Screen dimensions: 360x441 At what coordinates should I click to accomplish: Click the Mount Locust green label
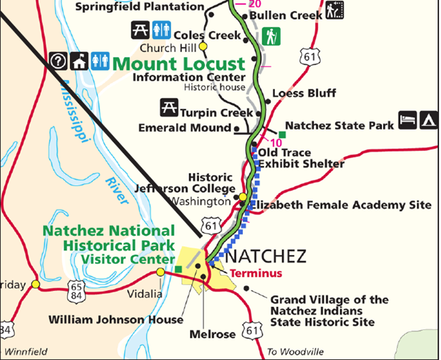click(x=178, y=64)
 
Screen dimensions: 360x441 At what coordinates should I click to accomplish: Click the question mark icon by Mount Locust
click(x=58, y=61)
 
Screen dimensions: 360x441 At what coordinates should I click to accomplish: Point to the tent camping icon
click(x=428, y=119)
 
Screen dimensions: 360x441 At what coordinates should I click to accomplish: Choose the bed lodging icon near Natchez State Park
click(x=408, y=119)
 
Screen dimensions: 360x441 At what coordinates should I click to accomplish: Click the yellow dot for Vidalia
click(x=160, y=272)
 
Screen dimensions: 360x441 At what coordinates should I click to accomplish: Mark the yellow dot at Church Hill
click(x=202, y=47)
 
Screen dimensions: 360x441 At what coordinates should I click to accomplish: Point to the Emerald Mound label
click(x=185, y=127)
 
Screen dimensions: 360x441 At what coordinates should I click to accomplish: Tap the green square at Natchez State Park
click(x=280, y=133)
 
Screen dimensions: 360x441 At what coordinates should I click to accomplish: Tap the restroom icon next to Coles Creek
click(x=161, y=29)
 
